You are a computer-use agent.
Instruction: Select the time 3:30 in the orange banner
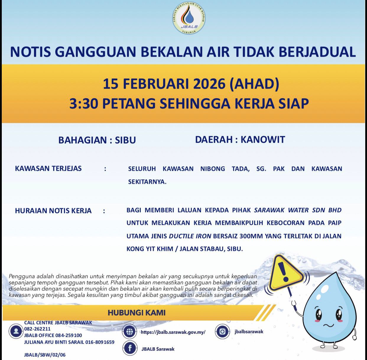pyautogui.click(x=83, y=103)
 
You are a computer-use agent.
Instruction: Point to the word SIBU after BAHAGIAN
pyautogui.click(x=125, y=140)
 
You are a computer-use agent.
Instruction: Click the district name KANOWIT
pyautogui.click(x=263, y=140)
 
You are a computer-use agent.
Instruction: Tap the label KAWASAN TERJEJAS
pyautogui.click(x=48, y=168)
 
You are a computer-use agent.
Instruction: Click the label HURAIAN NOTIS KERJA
pyautogui.click(x=53, y=211)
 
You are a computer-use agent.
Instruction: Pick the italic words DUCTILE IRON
pyautogui.click(x=190, y=236)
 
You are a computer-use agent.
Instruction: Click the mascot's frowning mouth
pyautogui.click(x=329, y=325)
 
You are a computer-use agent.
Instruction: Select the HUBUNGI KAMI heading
pyautogui.click(x=136, y=313)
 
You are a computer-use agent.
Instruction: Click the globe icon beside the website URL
pyautogui.click(x=129, y=332)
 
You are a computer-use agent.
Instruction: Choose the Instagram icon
pyautogui.click(x=223, y=331)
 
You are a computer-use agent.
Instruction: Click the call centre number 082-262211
pyautogui.click(x=37, y=329)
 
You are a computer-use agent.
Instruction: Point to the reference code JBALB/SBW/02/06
pyautogui.click(x=45, y=355)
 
